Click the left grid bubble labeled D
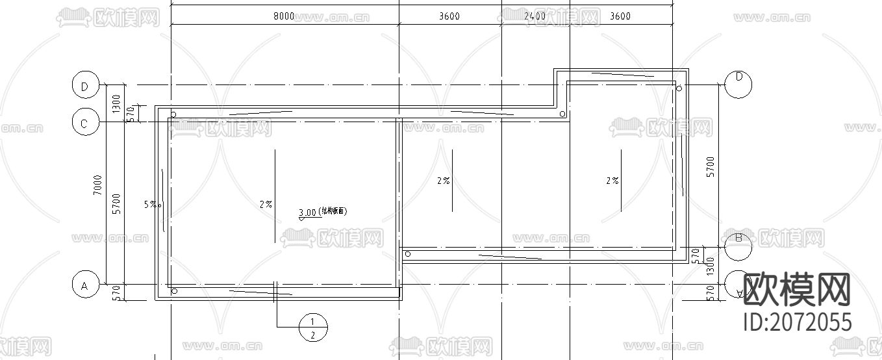[x=84, y=86]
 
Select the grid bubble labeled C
[x=84, y=122]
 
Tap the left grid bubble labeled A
[x=84, y=285]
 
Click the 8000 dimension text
[x=284, y=16]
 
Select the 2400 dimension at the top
[x=534, y=16]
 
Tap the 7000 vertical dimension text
[x=97, y=185]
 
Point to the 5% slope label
[x=150, y=204]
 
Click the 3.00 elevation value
[x=307, y=212]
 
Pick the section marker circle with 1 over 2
[x=312, y=328]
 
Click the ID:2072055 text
[x=796, y=322]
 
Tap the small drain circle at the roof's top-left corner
[x=173, y=114]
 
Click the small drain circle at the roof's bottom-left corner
[x=173, y=291]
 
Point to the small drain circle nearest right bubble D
[x=679, y=88]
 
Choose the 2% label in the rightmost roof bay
[x=612, y=181]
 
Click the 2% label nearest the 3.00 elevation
[x=266, y=204]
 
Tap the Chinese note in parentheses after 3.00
[x=333, y=212]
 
